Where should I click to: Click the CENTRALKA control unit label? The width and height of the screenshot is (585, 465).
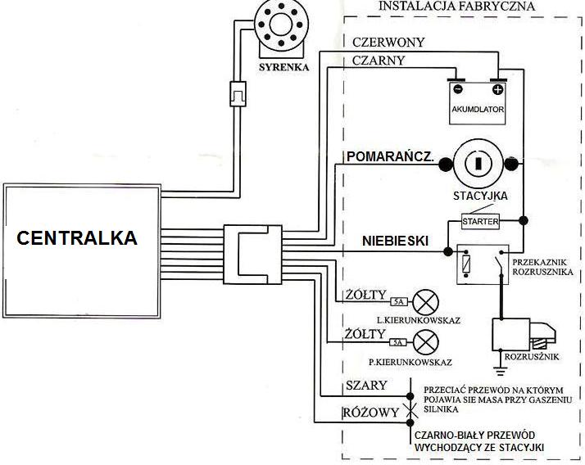click(x=78, y=239)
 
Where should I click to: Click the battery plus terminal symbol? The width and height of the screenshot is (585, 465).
click(x=496, y=89)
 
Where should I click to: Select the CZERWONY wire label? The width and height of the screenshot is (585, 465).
click(x=387, y=42)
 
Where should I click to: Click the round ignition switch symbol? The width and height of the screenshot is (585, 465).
click(x=477, y=162)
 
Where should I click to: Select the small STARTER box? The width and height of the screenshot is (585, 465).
click(x=479, y=222)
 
